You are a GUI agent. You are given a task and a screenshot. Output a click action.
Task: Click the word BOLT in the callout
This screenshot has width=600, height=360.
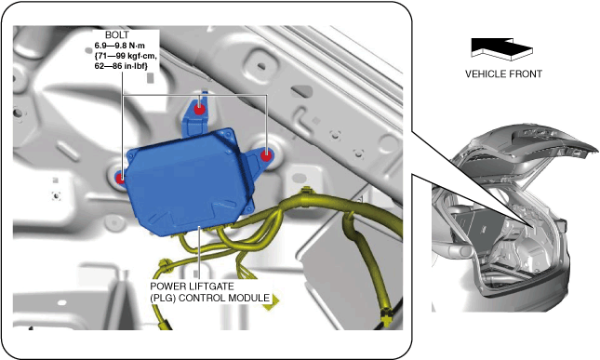pos(116,34)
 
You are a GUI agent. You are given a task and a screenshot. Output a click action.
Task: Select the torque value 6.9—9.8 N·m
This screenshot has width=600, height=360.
pos(120,46)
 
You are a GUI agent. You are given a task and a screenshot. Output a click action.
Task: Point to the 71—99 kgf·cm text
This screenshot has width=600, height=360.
pos(126,56)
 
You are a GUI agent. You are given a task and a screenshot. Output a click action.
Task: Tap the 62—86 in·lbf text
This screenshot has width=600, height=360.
pos(121,66)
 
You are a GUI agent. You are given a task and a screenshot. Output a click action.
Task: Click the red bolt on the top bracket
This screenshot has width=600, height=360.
pos(199,109)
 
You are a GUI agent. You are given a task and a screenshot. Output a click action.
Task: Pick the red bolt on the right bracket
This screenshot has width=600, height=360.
pos(266,155)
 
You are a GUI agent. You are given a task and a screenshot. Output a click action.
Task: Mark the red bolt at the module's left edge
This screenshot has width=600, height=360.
pos(120,178)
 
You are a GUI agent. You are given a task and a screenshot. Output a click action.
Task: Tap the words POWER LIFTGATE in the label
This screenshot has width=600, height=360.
pos(192,287)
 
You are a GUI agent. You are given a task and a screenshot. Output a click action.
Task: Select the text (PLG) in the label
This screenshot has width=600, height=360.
pos(163,298)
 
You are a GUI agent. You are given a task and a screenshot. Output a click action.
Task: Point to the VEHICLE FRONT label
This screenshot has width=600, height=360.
pos(503,73)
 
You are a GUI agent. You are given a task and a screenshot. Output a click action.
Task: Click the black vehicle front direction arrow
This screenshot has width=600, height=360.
pos(501,48)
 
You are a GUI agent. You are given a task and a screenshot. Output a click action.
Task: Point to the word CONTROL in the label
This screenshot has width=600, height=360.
pos(203,298)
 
